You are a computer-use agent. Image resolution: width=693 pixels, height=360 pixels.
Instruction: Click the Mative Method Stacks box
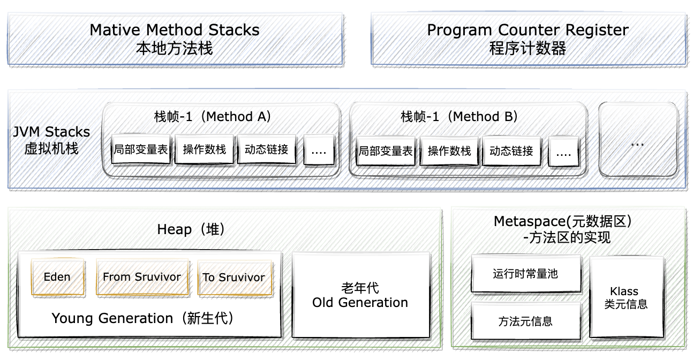(175, 39)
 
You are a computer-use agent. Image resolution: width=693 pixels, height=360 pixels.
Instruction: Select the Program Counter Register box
(528, 39)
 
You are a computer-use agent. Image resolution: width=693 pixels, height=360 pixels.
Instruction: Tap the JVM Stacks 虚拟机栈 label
(52, 140)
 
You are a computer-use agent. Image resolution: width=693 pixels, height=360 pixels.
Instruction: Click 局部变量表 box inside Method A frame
(141, 150)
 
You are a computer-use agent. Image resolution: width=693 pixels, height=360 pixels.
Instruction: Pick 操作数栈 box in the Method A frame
(204, 150)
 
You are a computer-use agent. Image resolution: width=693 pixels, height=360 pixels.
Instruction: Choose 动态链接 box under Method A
(266, 150)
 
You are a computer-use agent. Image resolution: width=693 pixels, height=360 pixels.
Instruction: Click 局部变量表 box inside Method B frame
(386, 152)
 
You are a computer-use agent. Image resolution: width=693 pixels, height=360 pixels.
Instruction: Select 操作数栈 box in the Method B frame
(449, 152)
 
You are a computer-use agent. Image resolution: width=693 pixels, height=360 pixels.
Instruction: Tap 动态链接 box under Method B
(511, 152)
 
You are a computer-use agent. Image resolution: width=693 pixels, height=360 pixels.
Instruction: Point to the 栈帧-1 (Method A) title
(213, 117)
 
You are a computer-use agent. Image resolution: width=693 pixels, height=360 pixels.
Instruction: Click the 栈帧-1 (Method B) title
(459, 117)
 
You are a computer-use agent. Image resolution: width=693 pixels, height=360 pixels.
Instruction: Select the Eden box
(57, 277)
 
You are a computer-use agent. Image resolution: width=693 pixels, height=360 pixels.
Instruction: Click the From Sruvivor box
(142, 277)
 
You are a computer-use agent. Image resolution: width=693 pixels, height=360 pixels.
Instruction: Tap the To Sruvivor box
(233, 277)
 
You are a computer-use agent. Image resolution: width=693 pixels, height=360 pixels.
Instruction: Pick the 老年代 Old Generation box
(360, 295)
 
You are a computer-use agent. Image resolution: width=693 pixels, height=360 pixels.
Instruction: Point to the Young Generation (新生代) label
(143, 319)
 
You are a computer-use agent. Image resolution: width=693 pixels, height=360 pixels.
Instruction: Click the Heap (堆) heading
(191, 230)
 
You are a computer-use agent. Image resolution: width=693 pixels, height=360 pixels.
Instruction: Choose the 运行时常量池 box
(525, 274)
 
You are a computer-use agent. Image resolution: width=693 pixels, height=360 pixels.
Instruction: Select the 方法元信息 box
(525, 321)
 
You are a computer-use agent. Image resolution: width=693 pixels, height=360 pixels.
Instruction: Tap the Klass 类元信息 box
(626, 297)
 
